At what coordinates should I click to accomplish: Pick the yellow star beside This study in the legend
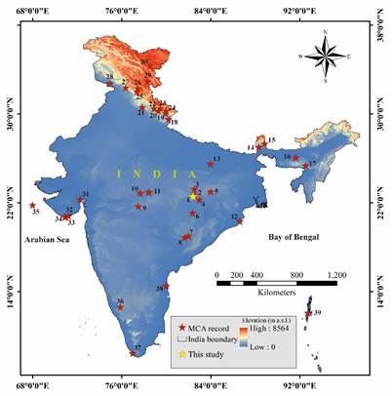tap(181, 353)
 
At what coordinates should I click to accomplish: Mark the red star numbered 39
tap(306, 311)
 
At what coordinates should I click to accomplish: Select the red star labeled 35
tap(32, 205)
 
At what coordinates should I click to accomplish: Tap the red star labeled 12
tap(240, 221)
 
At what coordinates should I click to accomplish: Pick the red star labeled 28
tap(109, 83)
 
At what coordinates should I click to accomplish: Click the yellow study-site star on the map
tap(194, 196)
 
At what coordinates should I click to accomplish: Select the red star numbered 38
tap(167, 286)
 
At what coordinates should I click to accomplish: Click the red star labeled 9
tap(137, 206)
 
